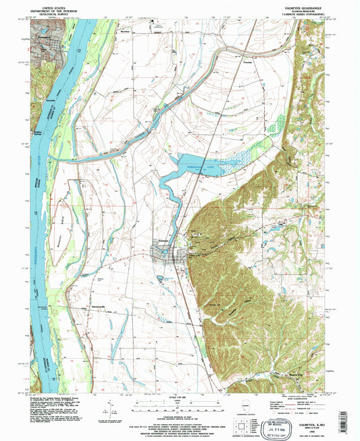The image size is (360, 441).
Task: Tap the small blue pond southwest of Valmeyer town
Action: tap(164, 276)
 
